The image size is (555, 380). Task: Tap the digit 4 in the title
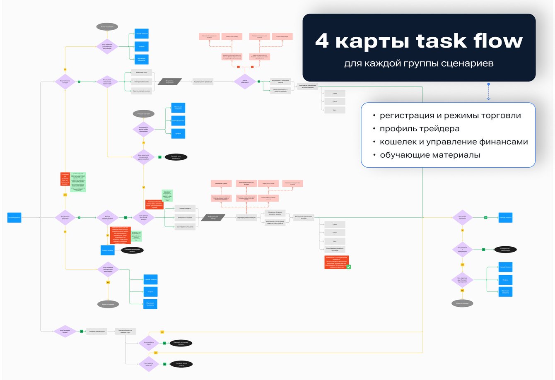[x=322, y=41]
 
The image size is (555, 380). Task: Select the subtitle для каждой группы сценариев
[x=419, y=64]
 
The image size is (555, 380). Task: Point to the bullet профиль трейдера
[x=419, y=129]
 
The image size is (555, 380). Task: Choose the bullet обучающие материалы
[x=430, y=155]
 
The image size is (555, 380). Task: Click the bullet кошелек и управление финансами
[x=454, y=142]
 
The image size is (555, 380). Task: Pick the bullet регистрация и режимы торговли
[x=450, y=116]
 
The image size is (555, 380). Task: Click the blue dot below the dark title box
[x=489, y=84]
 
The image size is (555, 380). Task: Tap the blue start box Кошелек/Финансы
[x=14, y=217]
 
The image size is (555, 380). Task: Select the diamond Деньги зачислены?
[x=244, y=82]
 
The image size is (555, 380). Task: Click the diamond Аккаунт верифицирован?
[x=107, y=217]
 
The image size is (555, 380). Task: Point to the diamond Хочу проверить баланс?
[x=65, y=331]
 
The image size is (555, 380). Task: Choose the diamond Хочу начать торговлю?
[x=462, y=217]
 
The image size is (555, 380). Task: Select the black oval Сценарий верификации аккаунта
[x=133, y=250]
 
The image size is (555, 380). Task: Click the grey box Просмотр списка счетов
[x=97, y=331]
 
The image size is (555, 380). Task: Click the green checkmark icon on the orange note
[x=349, y=267]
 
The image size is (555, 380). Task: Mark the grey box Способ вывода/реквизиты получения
[x=335, y=250]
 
